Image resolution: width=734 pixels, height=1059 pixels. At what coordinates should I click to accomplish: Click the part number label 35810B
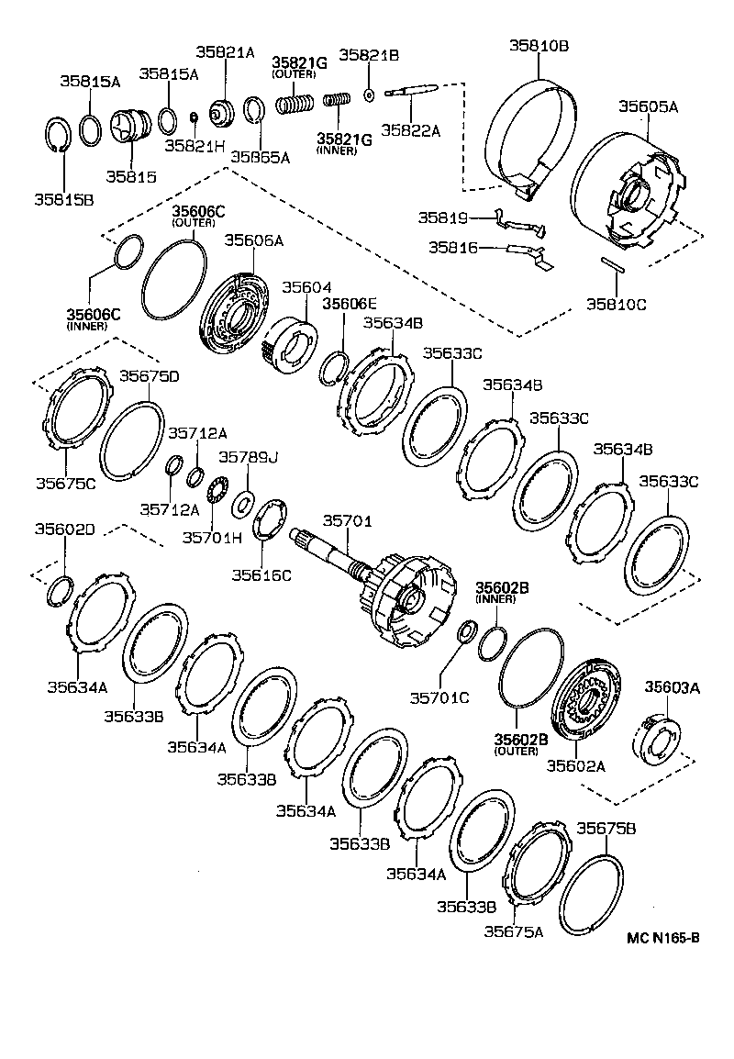(539, 43)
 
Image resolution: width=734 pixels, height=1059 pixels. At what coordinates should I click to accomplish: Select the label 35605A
(648, 106)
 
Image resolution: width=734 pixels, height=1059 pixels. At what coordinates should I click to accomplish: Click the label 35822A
(411, 130)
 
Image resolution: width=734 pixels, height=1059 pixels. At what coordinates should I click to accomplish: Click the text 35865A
(261, 157)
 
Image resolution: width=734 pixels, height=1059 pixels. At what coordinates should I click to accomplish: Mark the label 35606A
(254, 240)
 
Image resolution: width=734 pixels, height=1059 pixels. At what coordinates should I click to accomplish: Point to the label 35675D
(149, 375)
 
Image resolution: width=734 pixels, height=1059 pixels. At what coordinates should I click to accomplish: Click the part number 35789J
(248, 456)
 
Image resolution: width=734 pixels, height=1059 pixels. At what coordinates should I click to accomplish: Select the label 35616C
(261, 574)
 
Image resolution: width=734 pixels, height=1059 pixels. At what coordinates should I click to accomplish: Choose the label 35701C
(439, 697)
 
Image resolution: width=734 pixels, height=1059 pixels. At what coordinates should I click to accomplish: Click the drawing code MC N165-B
(663, 937)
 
